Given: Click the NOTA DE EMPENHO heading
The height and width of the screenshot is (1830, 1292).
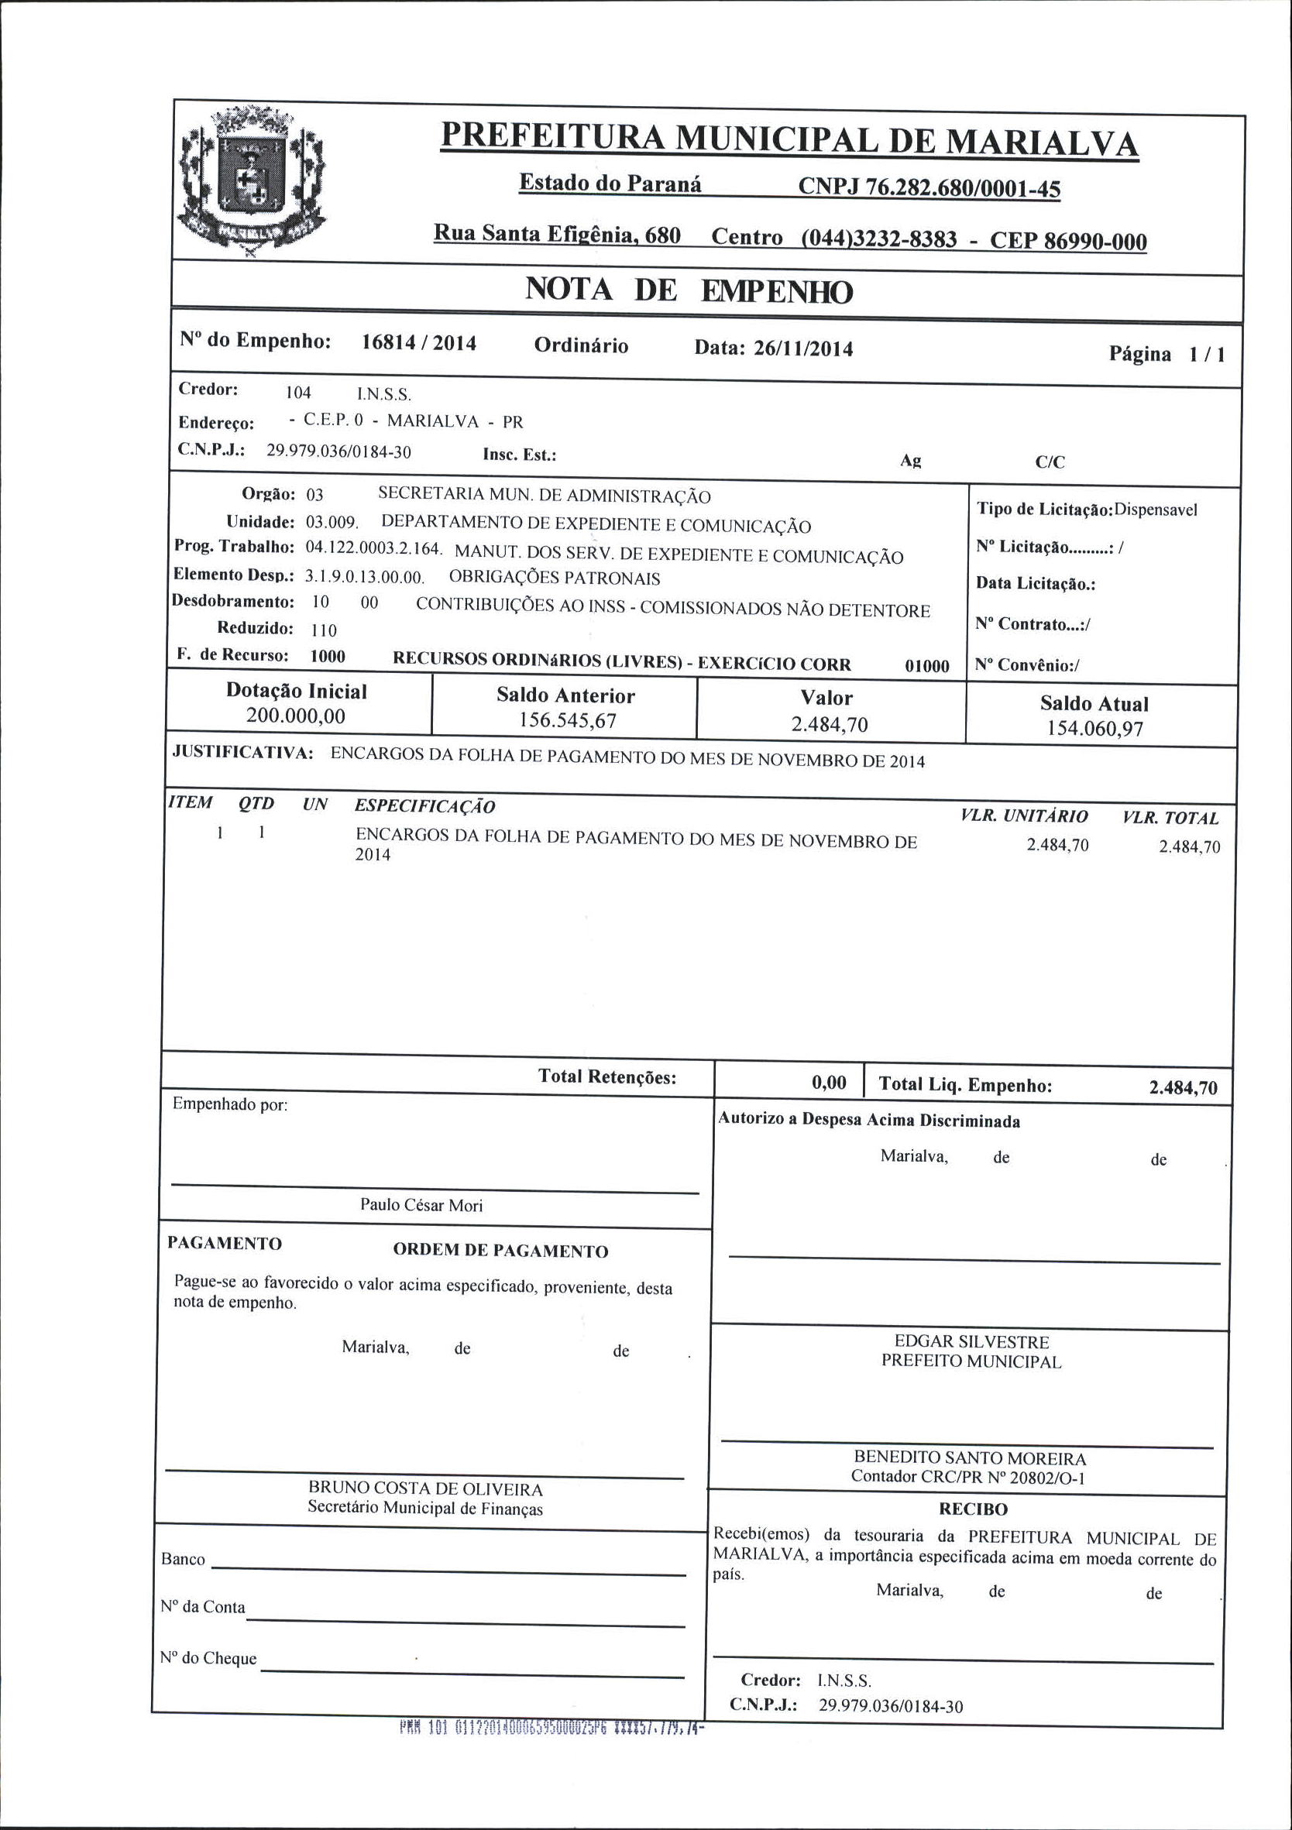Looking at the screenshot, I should [x=689, y=290].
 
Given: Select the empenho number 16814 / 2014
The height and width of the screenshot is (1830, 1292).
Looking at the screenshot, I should [x=418, y=343].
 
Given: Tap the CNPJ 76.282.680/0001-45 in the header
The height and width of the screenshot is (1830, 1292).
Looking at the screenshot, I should [x=929, y=188].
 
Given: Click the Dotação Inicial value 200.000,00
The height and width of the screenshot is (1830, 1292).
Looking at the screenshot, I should [x=296, y=716].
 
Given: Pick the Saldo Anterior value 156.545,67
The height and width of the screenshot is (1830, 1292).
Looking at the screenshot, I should [x=567, y=720].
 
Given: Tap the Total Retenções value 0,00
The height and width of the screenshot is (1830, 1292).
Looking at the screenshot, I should [x=829, y=1082].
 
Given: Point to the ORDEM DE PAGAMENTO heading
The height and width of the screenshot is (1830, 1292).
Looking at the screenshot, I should [x=500, y=1251].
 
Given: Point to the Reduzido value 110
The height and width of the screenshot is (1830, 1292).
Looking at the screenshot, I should [x=324, y=630].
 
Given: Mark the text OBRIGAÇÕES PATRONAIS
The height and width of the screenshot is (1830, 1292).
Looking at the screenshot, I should [x=555, y=578].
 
